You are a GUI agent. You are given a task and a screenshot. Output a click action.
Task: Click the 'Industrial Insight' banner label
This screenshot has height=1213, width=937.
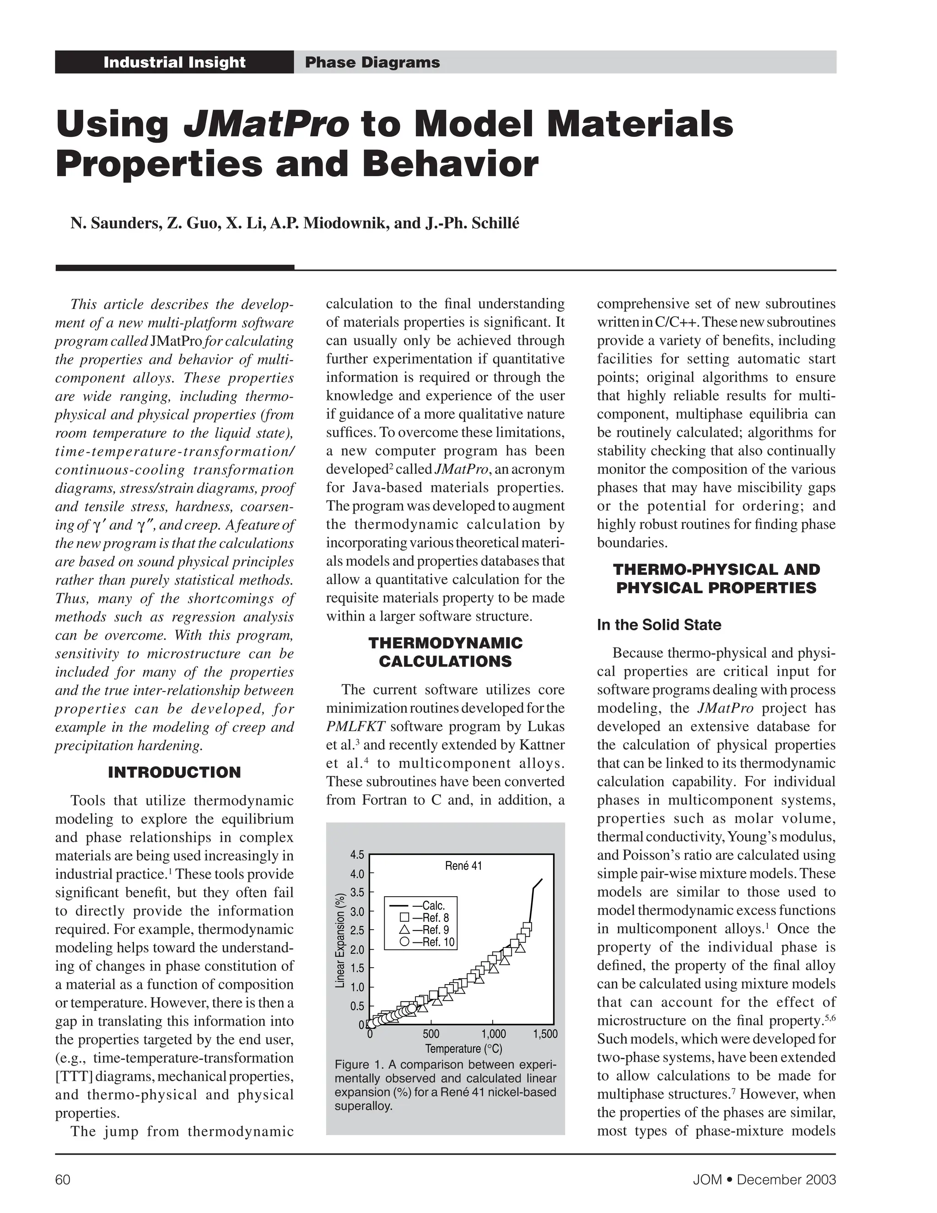[x=174, y=62]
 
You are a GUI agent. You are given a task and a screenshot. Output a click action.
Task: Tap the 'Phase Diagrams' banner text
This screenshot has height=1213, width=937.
[x=372, y=62]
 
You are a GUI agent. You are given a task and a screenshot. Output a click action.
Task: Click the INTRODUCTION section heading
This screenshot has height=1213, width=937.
[x=174, y=773]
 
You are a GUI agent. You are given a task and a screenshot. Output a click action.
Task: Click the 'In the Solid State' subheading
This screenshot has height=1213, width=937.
[x=659, y=625]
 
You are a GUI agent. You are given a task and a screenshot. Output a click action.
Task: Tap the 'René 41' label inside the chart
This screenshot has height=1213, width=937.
[x=463, y=866]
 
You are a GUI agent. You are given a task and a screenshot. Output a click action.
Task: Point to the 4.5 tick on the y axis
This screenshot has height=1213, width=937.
[x=357, y=855]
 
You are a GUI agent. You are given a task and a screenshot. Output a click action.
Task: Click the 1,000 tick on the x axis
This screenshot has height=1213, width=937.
[x=494, y=1034]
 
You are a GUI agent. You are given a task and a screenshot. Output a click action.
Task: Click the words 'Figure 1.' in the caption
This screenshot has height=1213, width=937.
[x=359, y=1065]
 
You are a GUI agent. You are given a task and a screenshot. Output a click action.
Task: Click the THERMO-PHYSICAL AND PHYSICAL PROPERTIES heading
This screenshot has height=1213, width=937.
[x=716, y=579]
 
